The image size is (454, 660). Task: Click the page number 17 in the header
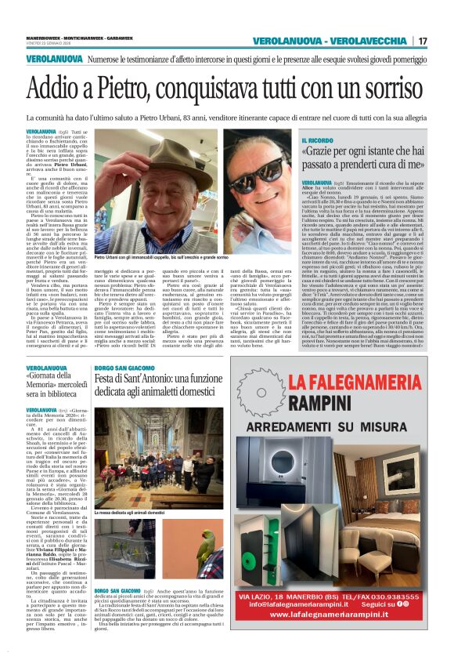coord(423,41)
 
